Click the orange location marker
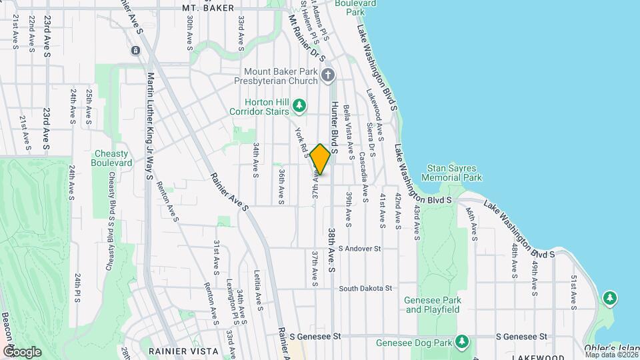coord(320,159)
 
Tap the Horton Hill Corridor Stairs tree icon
coord(300,105)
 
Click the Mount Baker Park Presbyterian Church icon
coord(327,75)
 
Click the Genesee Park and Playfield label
coord(432,305)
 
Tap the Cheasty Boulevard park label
coord(111,158)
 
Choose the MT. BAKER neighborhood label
coord(208,8)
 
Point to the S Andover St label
coord(359,249)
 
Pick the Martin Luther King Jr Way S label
coord(150,127)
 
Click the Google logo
coord(22,351)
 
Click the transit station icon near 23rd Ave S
coord(135,50)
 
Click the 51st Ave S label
coord(573,292)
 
